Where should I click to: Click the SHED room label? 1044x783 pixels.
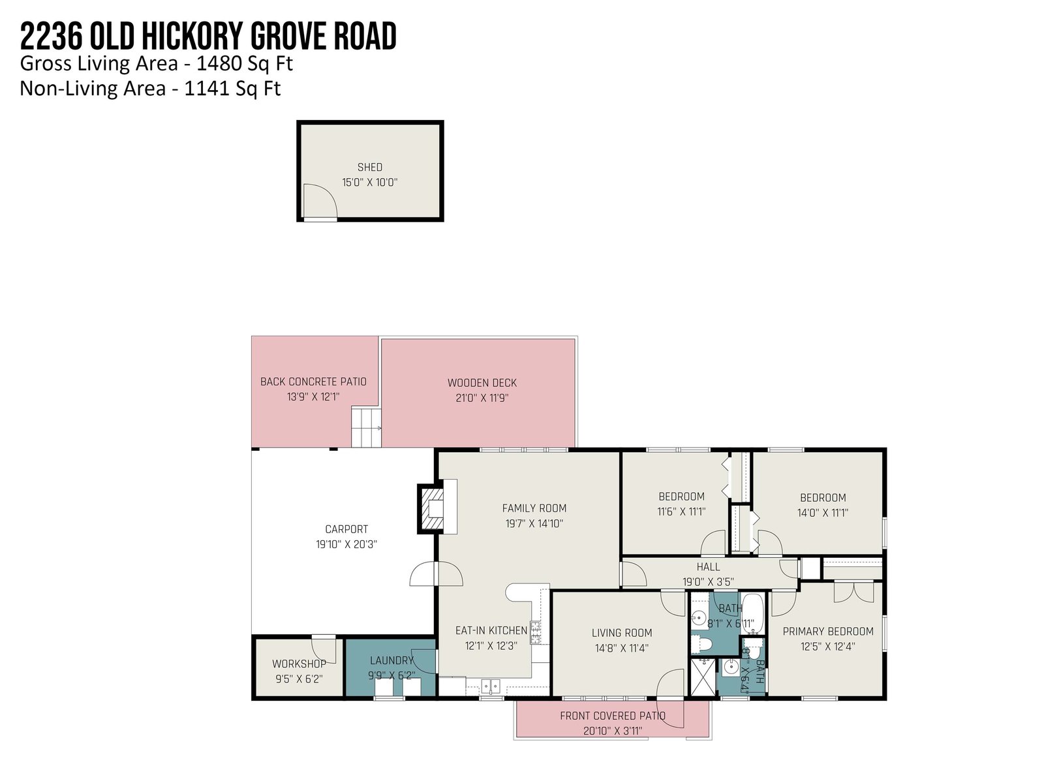coord(369,167)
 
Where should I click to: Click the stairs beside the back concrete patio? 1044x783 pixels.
coord(366,427)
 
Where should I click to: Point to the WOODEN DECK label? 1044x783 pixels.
coord(482,383)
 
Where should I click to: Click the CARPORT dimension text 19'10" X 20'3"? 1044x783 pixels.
coord(346,544)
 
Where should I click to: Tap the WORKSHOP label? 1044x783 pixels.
coord(299,664)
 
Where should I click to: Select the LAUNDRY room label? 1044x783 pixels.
coord(391,660)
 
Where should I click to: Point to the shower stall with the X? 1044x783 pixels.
coord(703,677)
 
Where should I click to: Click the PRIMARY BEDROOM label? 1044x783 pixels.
coord(827,632)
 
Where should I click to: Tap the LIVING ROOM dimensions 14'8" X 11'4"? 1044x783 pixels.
coord(621,648)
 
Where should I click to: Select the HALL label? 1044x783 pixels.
coord(708,566)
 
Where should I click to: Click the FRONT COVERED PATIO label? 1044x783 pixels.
coord(613,716)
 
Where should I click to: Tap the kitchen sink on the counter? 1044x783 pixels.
coord(491,686)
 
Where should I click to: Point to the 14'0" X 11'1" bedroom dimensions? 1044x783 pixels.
coord(822,513)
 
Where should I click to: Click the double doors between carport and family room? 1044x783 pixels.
coord(436,574)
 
